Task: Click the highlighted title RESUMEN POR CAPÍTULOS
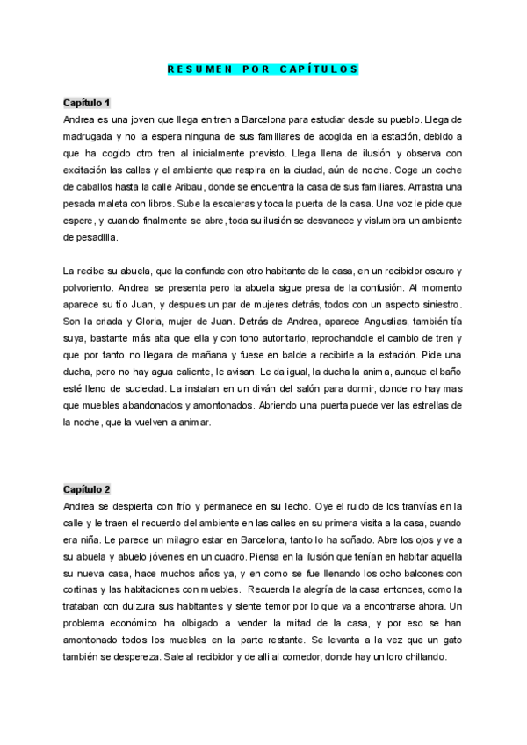(263, 69)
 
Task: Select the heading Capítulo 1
(86, 103)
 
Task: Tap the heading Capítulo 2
(86, 488)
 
